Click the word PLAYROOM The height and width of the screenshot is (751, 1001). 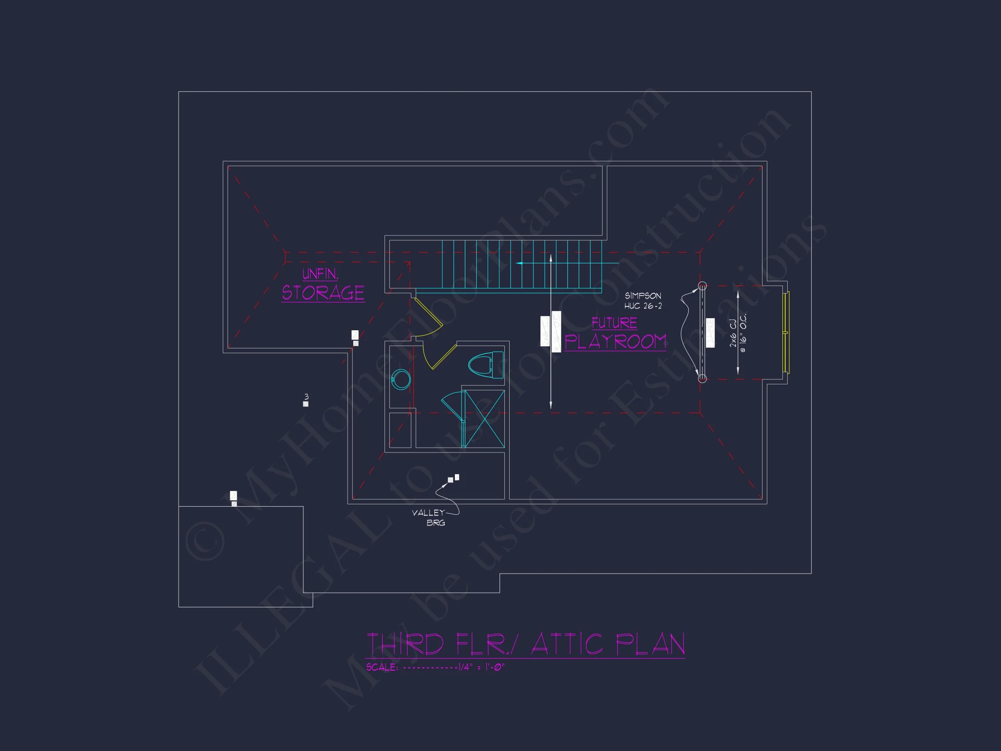[x=615, y=342]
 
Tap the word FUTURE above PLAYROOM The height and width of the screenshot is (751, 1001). [x=614, y=323]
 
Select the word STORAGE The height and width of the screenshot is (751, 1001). [x=323, y=293]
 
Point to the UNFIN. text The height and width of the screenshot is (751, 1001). [x=320, y=274]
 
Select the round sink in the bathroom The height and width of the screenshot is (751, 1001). [x=401, y=379]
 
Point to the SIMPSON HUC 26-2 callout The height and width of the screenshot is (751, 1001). [x=643, y=301]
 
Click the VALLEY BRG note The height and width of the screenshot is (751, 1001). [x=429, y=518]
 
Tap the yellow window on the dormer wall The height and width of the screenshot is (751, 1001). [x=786, y=333]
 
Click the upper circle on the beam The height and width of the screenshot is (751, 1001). [x=702, y=286]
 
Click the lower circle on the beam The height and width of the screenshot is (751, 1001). [x=702, y=378]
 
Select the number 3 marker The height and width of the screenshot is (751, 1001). [x=306, y=397]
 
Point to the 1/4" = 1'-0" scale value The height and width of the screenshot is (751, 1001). [x=481, y=667]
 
